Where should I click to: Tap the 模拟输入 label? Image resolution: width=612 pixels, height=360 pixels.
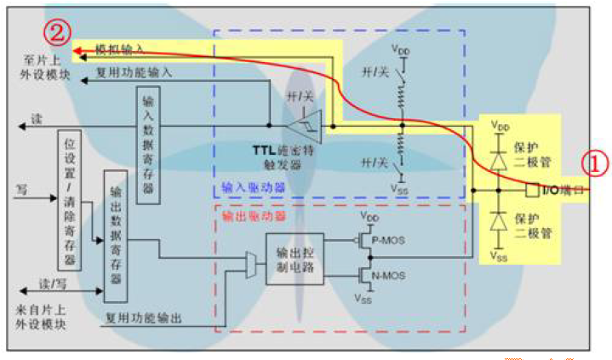[120, 49]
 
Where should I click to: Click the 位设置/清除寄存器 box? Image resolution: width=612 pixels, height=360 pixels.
[69, 201]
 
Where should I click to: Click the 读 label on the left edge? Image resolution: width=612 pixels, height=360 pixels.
[36, 118]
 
